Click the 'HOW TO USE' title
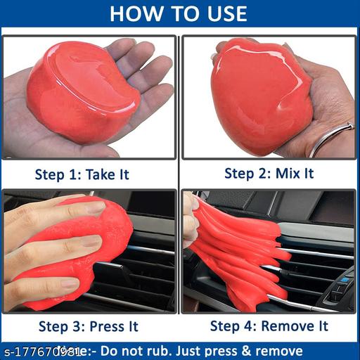click(x=179, y=13)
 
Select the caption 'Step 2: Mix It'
click(x=269, y=173)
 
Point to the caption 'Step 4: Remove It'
click(x=269, y=326)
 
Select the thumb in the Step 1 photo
click(x=42, y=140)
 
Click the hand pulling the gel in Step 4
click(x=191, y=218)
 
